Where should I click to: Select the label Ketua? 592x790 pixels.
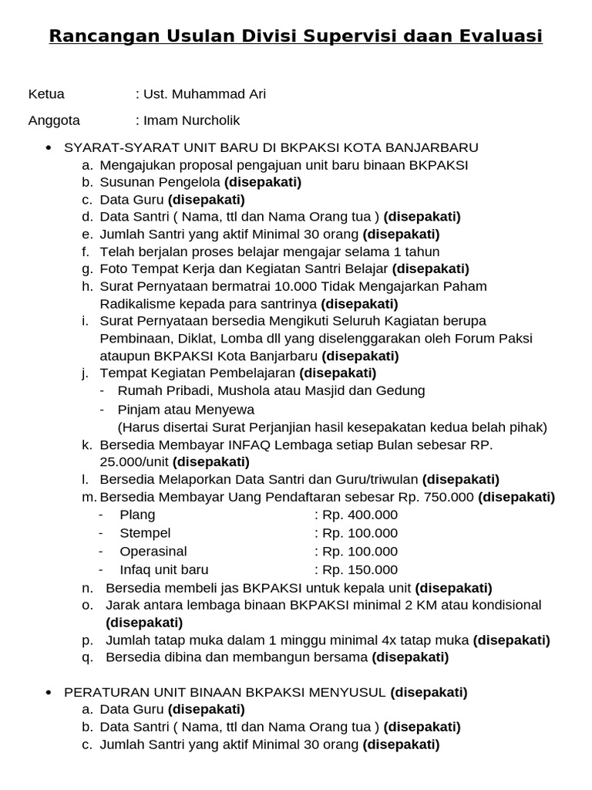tap(46, 94)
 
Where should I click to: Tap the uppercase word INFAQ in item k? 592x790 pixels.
tap(248, 445)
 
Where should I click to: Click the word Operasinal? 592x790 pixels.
tap(153, 552)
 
